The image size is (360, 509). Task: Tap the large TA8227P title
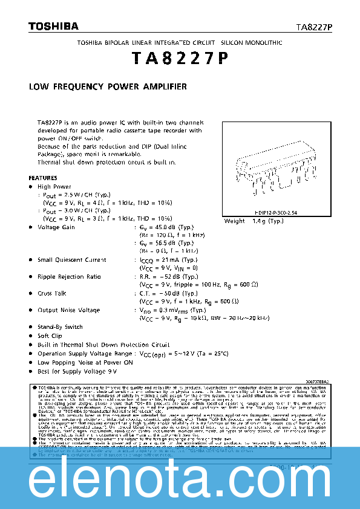[179, 59]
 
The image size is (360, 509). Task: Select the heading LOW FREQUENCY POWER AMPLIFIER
[108, 87]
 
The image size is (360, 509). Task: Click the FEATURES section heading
[43, 178]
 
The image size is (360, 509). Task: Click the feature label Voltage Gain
[56, 227]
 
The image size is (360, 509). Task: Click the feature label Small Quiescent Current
[72, 259]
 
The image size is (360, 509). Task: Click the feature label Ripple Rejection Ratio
[69, 276]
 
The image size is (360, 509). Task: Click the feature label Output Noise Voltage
[68, 310]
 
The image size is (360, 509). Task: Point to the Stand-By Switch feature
[60, 326]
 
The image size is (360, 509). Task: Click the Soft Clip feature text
[50, 336]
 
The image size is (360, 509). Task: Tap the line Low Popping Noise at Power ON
[85, 362]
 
